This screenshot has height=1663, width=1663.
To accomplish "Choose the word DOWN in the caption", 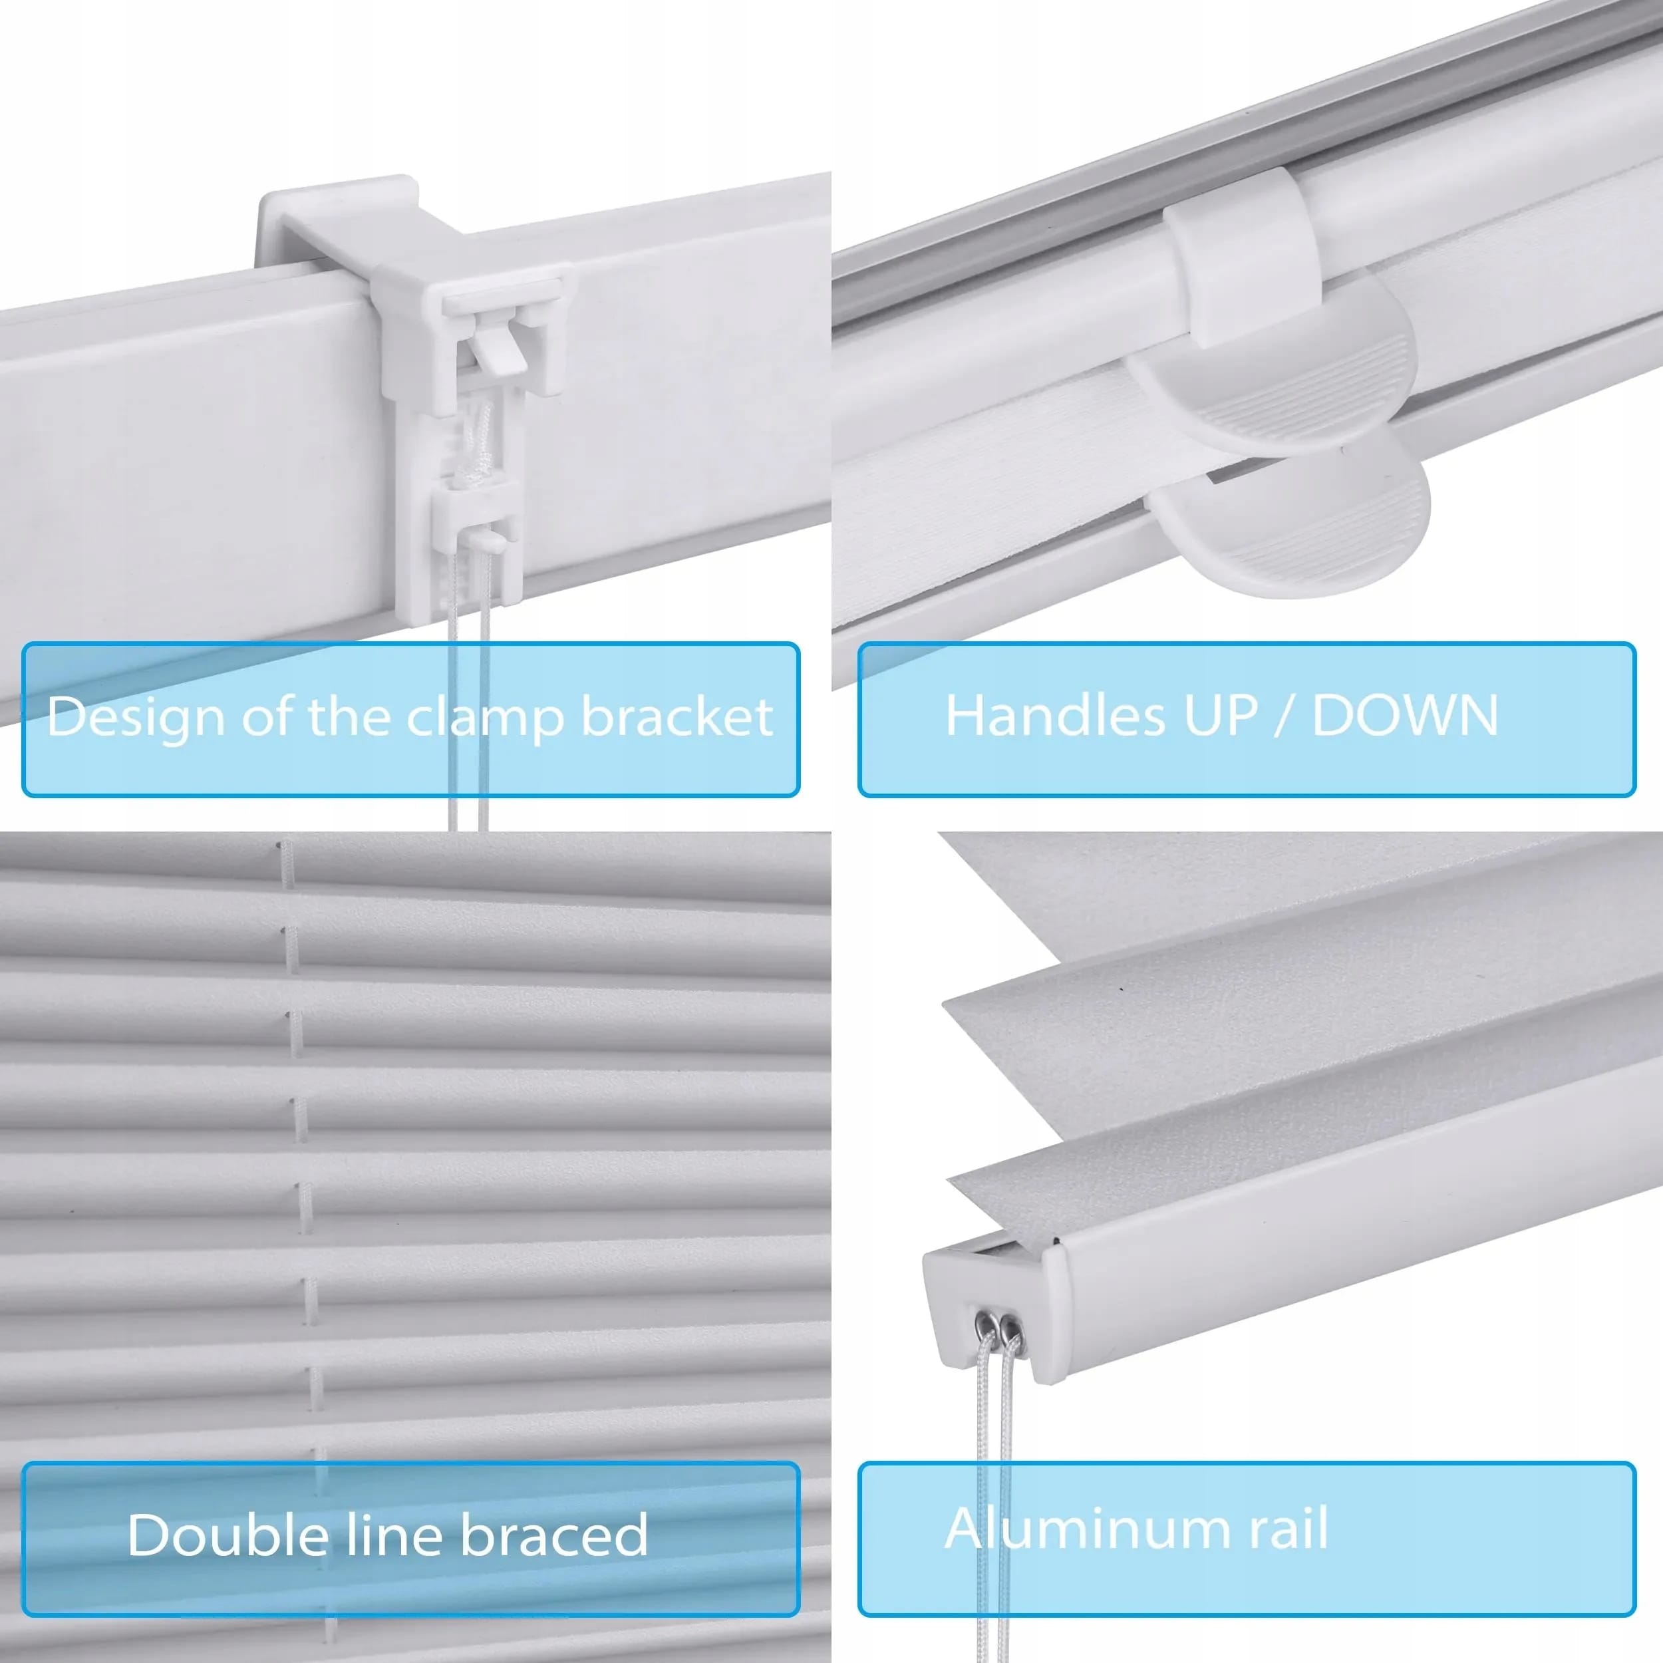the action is (1405, 714).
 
